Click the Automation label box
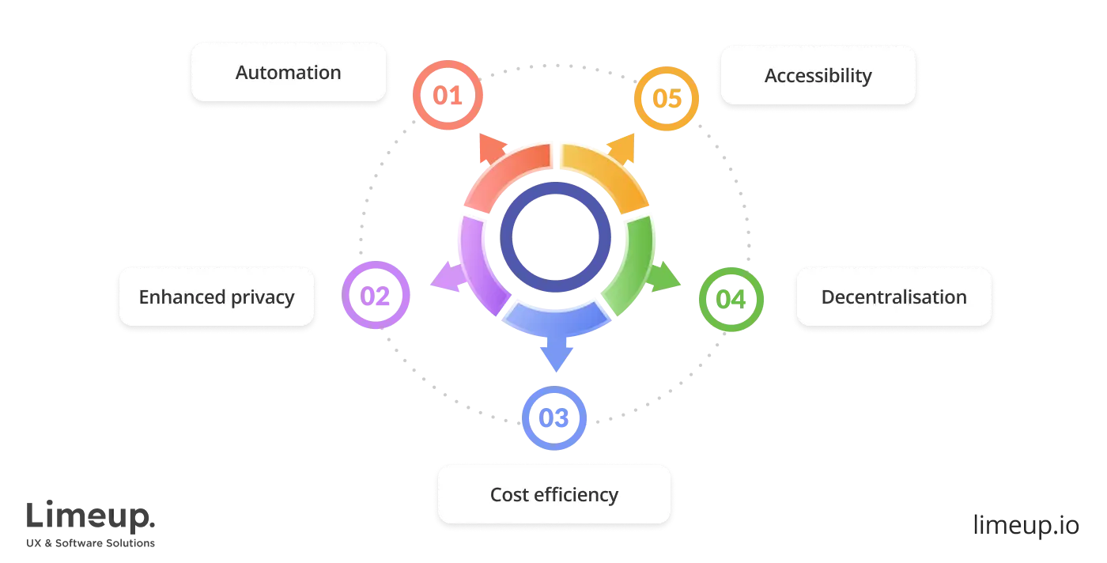point(288,73)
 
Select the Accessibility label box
point(818,76)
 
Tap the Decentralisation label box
point(894,297)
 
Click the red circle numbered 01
point(447,96)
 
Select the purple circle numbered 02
point(376,296)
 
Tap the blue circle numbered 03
point(553,418)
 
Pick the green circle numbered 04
point(731,299)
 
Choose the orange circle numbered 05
point(667,99)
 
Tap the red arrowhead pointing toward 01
point(490,147)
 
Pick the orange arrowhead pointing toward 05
point(622,147)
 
